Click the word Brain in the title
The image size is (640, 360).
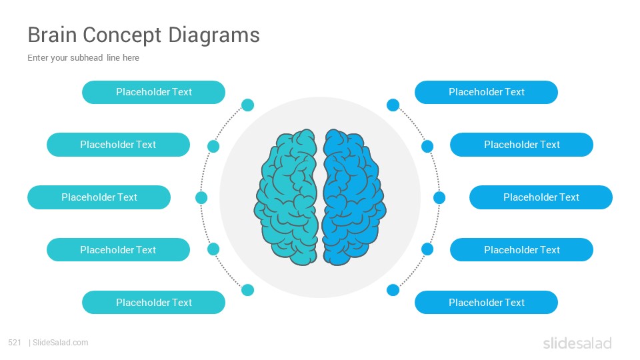pos(52,35)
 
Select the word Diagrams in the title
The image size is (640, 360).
pos(214,35)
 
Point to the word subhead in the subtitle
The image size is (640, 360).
pos(86,57)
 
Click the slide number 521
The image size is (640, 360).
pos(15,343)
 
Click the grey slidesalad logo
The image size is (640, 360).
pos(577,343)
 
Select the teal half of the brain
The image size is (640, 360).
pos(286,197)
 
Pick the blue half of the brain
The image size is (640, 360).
pos(354,197)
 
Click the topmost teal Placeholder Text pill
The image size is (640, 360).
pos(153,92)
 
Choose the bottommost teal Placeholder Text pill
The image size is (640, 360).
pos(153,303)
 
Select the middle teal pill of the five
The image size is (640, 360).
pos(99,197)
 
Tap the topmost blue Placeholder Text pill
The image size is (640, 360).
pos(486,92)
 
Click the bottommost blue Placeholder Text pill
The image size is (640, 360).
pos(486,303)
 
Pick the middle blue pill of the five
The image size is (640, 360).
pos(541,197)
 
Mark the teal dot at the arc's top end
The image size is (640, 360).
pos(248,105)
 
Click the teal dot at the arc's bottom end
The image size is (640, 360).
pos(248,290)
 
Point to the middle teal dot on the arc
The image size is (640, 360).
pos(201,197)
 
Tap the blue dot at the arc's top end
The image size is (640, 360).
pos(393,105)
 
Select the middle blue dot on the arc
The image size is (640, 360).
pos(439,197)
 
